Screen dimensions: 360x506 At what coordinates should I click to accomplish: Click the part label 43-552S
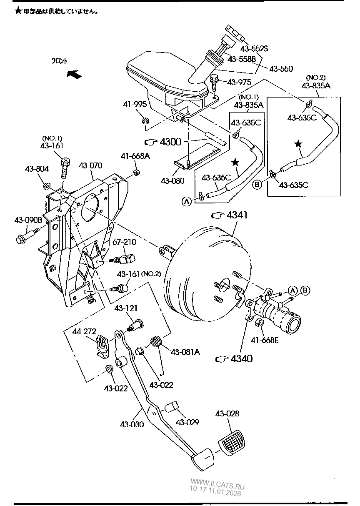point(254,49)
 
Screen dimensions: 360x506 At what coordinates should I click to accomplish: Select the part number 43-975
point(239,82)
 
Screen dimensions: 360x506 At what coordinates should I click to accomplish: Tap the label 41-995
point(135,104)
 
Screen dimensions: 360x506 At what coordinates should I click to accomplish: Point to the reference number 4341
point(237,215)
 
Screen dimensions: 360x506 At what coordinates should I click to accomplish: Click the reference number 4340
point(242,358)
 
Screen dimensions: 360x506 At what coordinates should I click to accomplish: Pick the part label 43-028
point(227,413)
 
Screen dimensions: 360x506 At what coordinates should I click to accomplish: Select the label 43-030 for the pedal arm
point(132,424)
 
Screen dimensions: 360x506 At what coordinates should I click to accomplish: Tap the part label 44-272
point(84,331)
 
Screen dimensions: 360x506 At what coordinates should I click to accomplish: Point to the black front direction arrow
point(74,74)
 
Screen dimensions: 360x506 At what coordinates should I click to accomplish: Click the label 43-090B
point(28,220)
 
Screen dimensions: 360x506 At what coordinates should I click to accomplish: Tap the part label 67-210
point(125,242)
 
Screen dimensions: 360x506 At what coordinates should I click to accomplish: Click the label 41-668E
point(265,340)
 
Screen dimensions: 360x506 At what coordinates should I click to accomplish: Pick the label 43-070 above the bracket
point(90,165)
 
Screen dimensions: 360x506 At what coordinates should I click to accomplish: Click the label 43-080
point(172,180)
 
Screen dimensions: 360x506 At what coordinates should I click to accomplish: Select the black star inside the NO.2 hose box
point(299,143)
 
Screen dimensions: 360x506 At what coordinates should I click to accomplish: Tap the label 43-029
point(187,422)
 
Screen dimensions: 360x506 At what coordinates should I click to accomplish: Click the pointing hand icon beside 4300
point(151,142)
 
